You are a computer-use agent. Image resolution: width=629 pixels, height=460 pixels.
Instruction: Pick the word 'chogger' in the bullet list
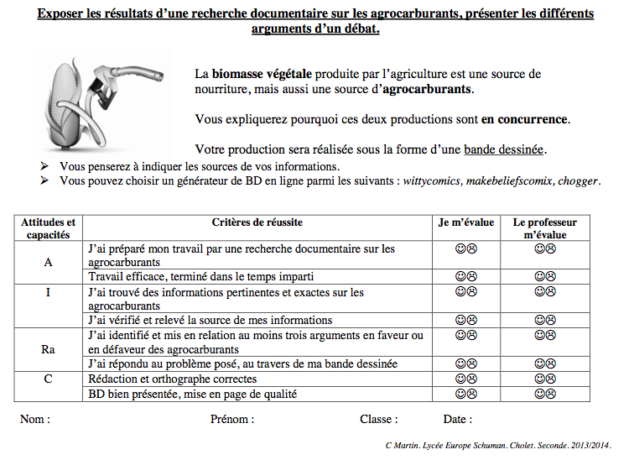coord(580,181)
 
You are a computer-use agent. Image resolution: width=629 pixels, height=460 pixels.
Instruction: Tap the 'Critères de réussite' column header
coord(258,222)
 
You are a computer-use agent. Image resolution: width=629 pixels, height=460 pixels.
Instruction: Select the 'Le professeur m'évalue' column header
coord(545,228)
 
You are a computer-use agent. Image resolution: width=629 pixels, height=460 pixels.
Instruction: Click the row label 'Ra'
coord(48,349)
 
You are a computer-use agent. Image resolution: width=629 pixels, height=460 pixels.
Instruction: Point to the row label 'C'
coord(48,379)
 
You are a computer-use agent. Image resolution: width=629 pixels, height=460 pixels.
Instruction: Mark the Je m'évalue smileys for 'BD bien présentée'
coord(465,393)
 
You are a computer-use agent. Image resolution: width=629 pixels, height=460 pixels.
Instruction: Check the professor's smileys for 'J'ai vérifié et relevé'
coord(545,320)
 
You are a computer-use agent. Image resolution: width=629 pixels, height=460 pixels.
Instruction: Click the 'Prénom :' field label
coord(232,419)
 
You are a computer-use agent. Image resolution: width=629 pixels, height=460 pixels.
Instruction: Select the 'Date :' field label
coord(457,419)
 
